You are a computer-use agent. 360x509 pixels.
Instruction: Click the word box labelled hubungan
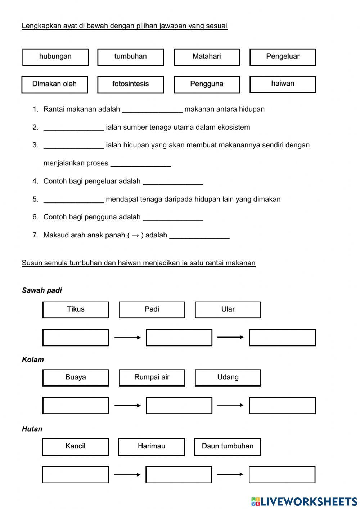pos(55,57)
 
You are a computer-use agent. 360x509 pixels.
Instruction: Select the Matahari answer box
pos(207,57)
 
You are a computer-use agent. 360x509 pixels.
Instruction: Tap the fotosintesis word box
pos(130,85)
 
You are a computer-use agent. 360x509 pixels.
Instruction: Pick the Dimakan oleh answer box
pos(54,85)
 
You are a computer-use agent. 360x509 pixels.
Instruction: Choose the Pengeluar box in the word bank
pos(283,57)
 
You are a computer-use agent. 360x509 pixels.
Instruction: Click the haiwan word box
pos(283,84)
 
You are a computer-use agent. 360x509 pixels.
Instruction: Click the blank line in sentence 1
pos(152,110)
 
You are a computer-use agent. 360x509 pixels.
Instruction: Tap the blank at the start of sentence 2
pos(73,128)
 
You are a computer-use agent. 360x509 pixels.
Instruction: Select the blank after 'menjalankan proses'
pos(140,164)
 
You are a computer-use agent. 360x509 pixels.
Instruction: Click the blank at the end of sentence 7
pos(199,236)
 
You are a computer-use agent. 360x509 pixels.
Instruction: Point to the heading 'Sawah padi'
pos(42,290)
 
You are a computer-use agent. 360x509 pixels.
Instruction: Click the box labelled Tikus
pos(76,310)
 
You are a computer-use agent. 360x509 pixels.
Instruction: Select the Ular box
pos(228,310)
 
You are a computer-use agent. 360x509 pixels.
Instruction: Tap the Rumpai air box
pos(152,378)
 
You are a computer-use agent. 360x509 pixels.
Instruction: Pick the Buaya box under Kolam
pos(76,378)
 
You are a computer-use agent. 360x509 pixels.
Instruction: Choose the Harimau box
pos(152,447)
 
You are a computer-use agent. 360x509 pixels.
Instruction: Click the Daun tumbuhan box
pos(228,447)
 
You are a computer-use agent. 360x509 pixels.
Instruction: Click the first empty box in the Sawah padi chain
pos(76,338)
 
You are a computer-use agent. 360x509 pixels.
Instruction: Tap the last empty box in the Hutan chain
pos(282,475)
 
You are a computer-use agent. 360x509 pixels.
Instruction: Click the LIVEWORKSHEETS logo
pos(304,501)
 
